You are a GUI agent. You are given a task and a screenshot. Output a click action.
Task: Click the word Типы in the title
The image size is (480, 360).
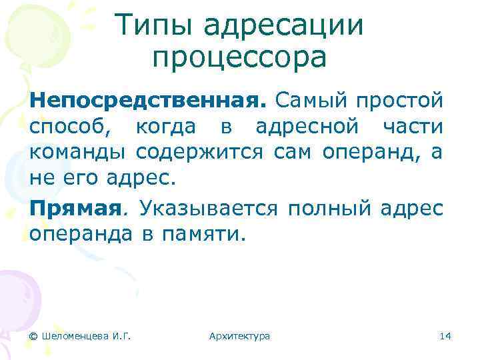154,27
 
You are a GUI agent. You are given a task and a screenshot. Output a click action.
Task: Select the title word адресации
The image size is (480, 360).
283,27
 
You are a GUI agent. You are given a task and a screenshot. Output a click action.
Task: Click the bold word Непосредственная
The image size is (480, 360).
147,101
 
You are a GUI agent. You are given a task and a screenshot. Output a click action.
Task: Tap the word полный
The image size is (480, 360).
329,209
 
